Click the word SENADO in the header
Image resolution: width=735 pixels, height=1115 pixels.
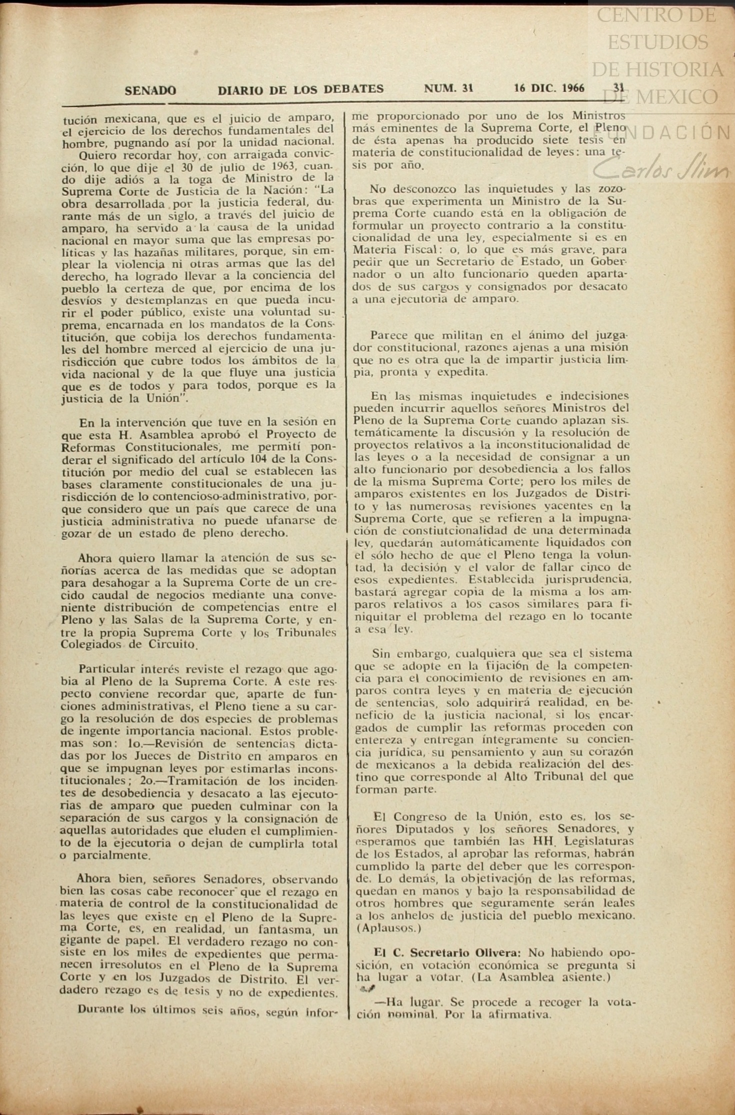point(150,91)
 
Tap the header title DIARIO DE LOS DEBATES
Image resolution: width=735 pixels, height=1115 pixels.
point(300,90)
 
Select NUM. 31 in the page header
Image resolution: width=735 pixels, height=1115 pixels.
point(448,89)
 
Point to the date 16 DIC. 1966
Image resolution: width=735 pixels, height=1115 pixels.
point(549,89)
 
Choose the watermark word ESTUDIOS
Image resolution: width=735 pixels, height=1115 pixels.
point(657,42)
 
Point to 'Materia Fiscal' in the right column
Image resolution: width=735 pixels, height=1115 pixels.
point(394,250)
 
